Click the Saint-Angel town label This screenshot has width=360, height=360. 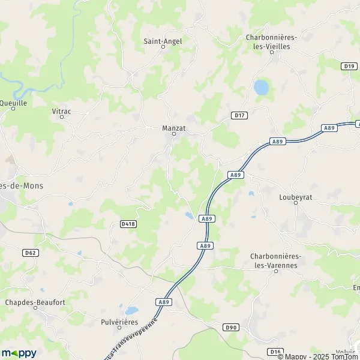click(163, 41)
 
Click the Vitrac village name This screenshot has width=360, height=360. click(61, 110)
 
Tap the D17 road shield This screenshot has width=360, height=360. click(239, 115)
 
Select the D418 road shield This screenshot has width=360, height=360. click(128, 224)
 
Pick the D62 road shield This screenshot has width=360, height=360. click(31, 253)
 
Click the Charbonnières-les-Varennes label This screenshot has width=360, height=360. click(277, 260)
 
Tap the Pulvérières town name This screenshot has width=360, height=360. click(119, 322)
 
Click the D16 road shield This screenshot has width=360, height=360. click(275, 352)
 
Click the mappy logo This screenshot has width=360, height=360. click(19, 353)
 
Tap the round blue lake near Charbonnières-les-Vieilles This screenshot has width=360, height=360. click(261, 88)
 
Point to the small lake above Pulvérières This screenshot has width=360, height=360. click(131, 311)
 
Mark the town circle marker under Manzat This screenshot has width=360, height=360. click(174, 134)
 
